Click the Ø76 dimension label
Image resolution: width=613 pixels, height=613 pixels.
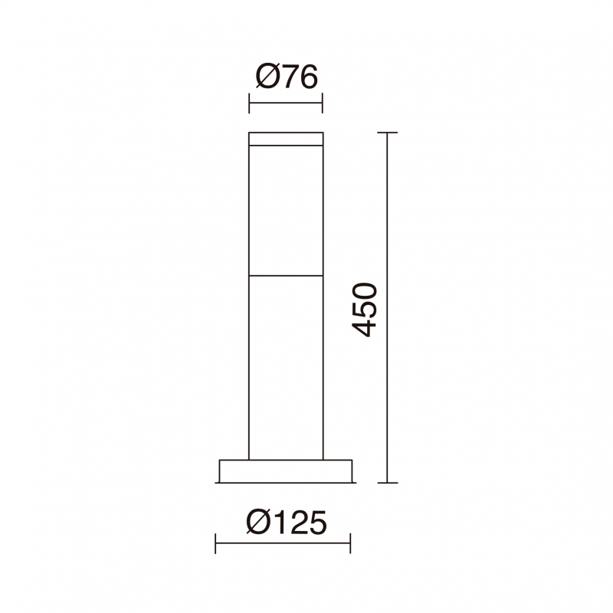[x=287, y=77]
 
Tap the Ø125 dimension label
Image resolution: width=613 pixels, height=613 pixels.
[x=286, y=523]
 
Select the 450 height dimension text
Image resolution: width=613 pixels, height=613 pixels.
[x=365, y=310]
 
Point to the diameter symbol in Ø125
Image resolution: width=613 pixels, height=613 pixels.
[x=258, y=523]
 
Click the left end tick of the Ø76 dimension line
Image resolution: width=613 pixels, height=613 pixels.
[x=249, y=103]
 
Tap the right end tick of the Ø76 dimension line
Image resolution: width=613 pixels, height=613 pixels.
[x=322, y=103]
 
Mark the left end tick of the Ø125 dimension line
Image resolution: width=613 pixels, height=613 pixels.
[x=215, y=543]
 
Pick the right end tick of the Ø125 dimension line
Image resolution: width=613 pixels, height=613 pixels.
[x=350, y=543]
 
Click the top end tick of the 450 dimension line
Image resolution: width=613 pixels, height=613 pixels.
[x=388, y=133]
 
